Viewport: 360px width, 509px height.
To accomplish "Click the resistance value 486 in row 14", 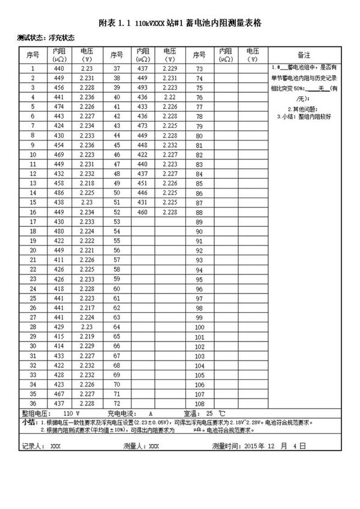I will pyautogui.click(x=59, y=193).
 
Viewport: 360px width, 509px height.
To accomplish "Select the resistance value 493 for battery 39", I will pyautogui.click(x=142, y=88).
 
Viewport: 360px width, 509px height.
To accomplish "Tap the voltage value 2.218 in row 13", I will pyautogui.click(x=86, y=184).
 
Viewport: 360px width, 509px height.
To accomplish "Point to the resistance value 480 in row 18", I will pyautogui.click(x=59, y=231).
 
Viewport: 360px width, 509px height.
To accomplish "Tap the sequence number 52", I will pyautogui.click(x=117, y=212).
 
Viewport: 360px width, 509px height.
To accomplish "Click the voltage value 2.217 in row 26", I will pyautogui.click(x=86, y=308).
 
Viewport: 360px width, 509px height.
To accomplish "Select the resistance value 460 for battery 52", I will pyautogui.click(x=142, y=212).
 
